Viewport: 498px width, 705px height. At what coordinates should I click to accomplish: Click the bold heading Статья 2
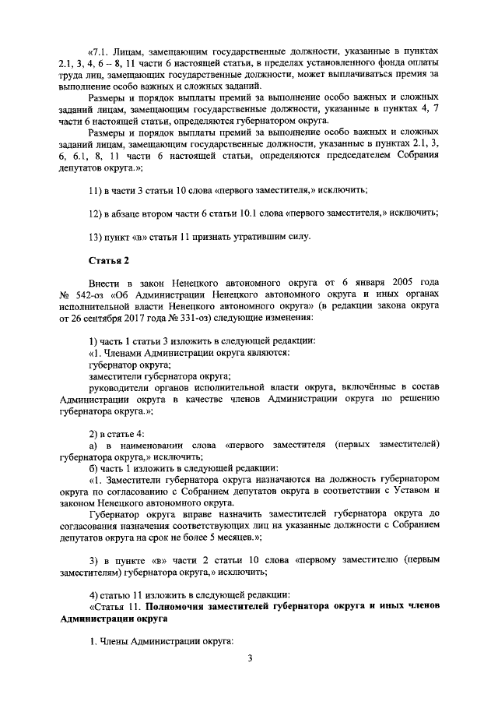(108, 261)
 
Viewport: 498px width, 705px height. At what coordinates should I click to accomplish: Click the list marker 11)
(96, 190)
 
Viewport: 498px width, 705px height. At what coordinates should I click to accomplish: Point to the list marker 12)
(96, 213)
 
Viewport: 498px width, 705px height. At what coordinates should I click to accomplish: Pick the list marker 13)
(96, 235)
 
